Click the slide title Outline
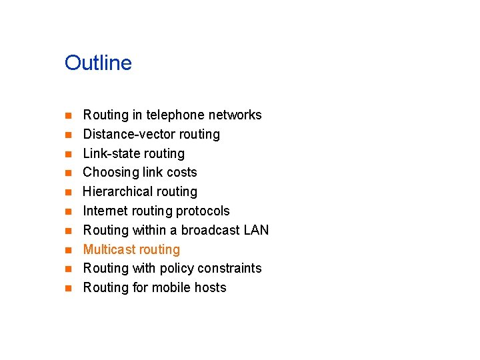tap(98, 63)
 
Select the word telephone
tap(175, 115)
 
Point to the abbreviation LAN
tap(256, 231)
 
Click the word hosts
tap(211, 288)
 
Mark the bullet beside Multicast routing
tap(67, 251)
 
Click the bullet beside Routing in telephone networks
tap(67, 116)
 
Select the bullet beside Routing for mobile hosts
tap(67, 289)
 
